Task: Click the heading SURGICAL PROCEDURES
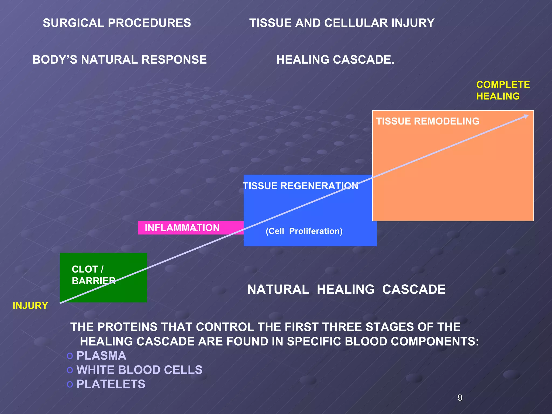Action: click(117, 23)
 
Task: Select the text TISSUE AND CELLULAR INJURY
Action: click(341, 23)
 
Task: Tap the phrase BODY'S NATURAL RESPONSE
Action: click(119, 60)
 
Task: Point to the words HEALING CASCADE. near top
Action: click(335, 60)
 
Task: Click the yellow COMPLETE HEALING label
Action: click(503, 91)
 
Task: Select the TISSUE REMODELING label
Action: click(427, 121)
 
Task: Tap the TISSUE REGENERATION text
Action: click(300, 186)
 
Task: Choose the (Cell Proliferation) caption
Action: click(304, 231)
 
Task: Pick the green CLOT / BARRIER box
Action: click(103, 278)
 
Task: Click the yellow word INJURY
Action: click(30, 306)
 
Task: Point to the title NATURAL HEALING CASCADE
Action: click(346, 290)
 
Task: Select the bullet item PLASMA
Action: click(101, 356)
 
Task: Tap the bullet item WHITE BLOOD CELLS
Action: click(139, 370)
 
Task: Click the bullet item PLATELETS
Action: click(111, 384)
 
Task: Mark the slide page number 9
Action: click(460, 398)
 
